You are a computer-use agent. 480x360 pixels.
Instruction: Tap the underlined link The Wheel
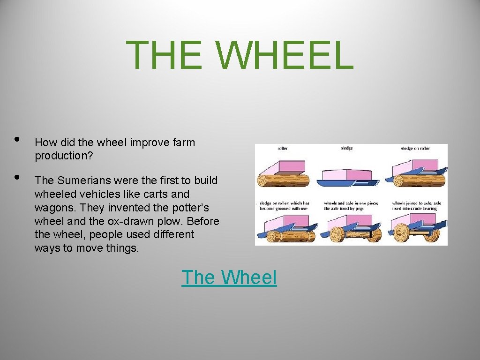coord(229,277)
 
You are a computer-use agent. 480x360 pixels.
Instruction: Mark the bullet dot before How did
coord(17,139)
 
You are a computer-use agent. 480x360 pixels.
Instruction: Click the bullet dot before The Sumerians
coord(17,177)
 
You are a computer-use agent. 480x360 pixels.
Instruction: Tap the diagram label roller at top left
coord(282,149)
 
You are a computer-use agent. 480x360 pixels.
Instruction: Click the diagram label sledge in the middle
coord(347,148)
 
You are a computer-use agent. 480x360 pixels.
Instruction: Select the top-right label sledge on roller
coord(415,149)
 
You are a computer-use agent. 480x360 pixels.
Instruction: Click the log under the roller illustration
coord(284,180)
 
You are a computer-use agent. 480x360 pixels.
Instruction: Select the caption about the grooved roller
coord(285,206)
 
